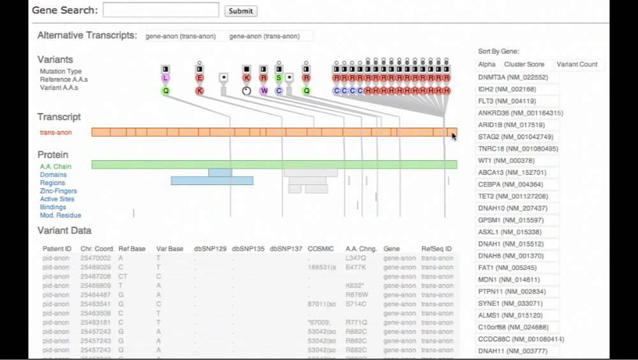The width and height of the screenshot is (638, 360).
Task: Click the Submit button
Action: (x=241, y=11)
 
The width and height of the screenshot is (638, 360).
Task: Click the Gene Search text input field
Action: (x=161, y=10)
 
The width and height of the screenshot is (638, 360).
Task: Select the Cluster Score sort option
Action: (x=524, y=64)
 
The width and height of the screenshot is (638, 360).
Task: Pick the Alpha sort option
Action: (x=487, y=64)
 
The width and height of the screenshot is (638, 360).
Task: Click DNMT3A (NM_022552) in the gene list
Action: (x=513, y=77)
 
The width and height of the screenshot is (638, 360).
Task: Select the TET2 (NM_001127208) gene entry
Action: (x=513, y=196)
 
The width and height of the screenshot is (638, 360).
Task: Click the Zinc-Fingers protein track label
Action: (x=58, y=191)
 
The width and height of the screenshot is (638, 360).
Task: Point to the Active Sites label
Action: (x=57, y=199)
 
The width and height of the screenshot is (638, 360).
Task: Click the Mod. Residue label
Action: (x=60, y=215)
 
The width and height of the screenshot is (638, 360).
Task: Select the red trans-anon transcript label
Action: (x=56, y=133)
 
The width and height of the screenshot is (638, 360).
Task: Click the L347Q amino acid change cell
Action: (x=356, y=258)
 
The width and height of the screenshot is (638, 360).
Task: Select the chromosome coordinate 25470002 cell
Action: (x=96, y=258)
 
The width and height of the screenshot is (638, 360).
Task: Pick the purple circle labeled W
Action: (x=263, y=91)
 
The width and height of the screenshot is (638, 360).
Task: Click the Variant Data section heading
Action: (x=64, y=230)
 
